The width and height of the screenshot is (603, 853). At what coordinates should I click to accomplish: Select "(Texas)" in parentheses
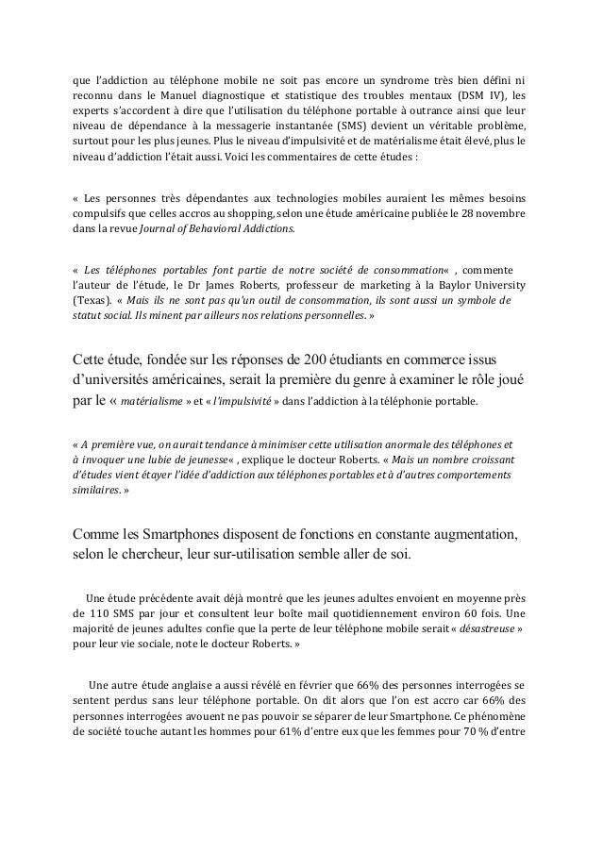(90, 299)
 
